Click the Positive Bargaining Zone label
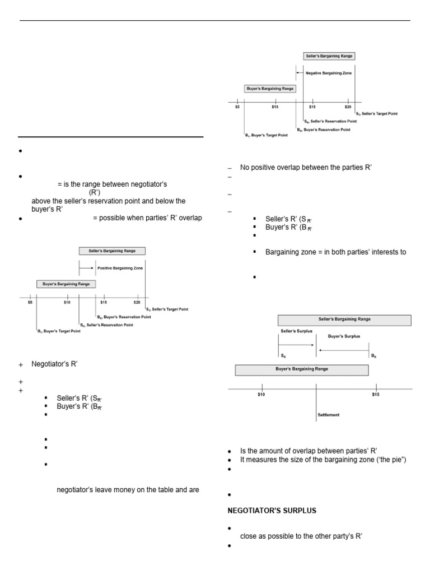(x=120, y=269)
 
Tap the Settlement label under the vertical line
(x=328, y=415)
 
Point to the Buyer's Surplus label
(x=344, y=336)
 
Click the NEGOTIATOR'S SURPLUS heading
(x=263, y=510)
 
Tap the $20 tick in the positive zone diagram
(x=137, y=302)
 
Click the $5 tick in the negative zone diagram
(x=237, y=107)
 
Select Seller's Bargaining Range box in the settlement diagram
(x=344, y=320)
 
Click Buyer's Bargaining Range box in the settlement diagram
(x=301, y=369)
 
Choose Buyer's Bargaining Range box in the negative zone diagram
(x=270, y=89)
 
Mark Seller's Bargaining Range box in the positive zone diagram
(x=111, y=251)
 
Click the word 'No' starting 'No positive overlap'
(x=245, y=167)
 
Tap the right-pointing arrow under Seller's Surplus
(x=297, y=345)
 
